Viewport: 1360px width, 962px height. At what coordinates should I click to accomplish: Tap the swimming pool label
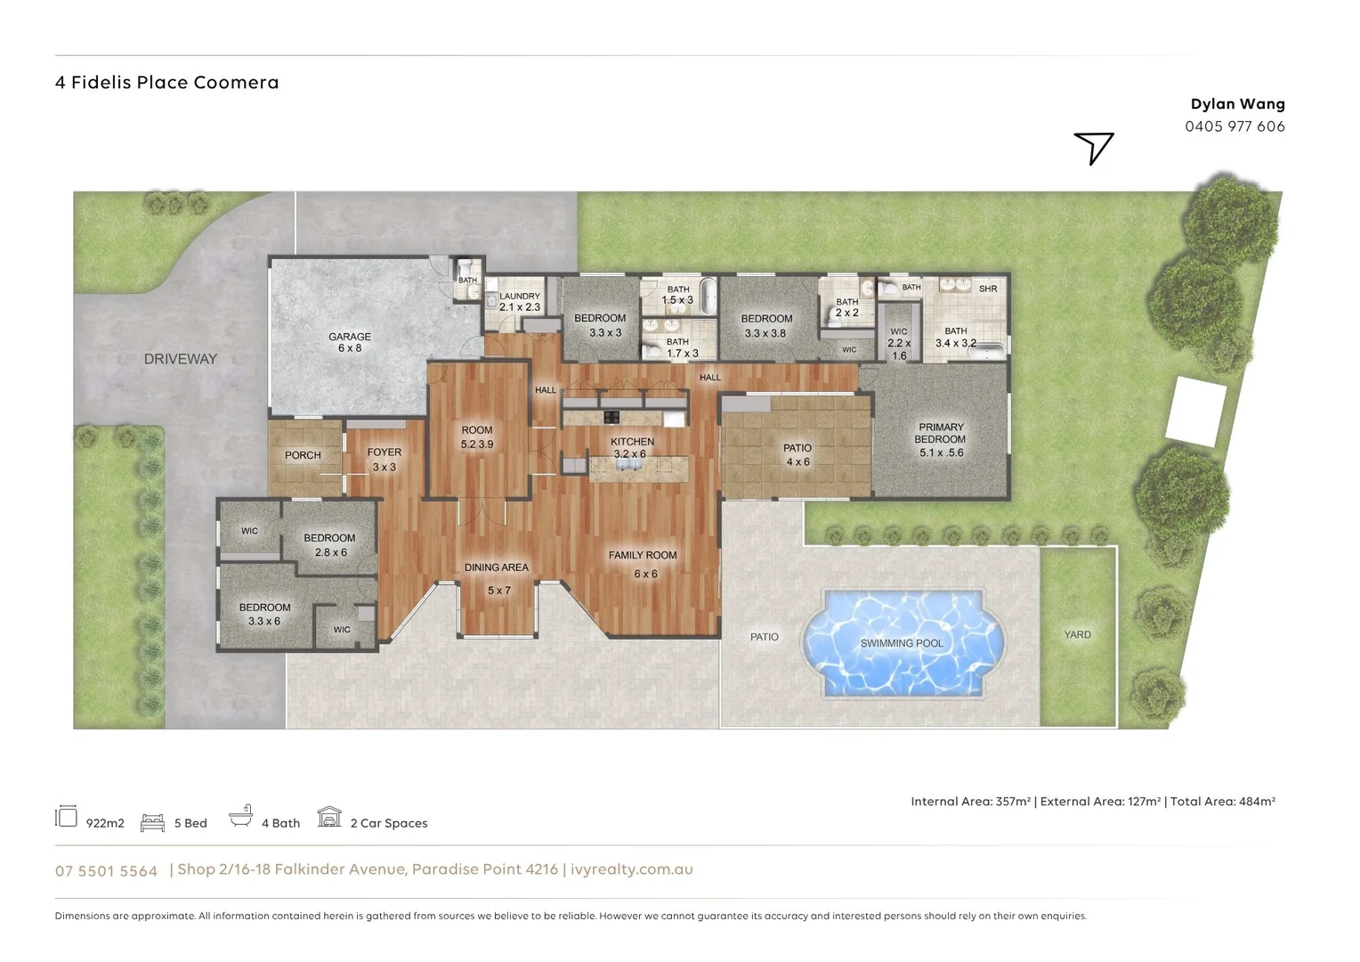coord(902,643)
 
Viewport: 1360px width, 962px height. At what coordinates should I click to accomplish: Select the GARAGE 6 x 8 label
coord(350,342)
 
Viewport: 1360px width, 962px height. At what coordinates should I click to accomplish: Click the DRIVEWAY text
coord(181,359)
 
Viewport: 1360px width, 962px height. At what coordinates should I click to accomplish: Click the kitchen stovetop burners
coord(611,417)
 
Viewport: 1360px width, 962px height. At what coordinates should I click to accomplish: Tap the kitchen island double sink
coord(629,464)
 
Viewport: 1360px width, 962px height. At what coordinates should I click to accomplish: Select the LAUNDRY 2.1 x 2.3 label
coord(520,301)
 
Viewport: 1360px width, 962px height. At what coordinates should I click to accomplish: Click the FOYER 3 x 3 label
coord(385,460)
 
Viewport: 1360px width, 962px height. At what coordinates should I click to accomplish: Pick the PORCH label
coord(303,455)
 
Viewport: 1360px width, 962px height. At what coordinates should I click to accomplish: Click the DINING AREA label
coord(497,567)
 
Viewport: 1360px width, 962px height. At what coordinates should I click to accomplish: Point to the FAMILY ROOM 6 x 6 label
coord(643,564)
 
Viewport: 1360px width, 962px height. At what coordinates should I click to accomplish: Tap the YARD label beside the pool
coord(1078,634)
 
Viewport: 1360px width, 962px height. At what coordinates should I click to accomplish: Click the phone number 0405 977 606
coord(1235,126)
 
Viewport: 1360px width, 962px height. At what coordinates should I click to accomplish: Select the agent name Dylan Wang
coord(1238,104)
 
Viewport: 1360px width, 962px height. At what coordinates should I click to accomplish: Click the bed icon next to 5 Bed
coord(152,822)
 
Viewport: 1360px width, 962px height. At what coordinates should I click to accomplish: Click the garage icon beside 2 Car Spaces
coord(329,817)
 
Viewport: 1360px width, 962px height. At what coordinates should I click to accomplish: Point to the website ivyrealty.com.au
coord(631,869)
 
